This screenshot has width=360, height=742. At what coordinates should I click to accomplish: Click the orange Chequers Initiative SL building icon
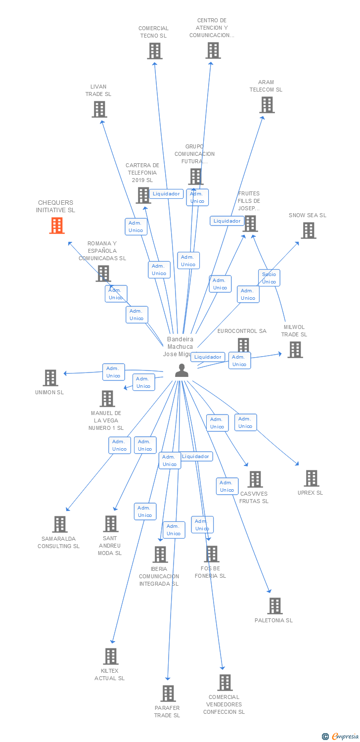tap(57, 226)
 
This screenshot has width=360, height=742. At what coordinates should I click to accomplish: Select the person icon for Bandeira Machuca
tap(181, 371)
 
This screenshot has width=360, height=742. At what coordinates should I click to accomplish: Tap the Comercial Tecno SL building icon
tap(155, 51)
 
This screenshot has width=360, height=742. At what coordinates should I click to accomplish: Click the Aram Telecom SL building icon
tap(267, 105)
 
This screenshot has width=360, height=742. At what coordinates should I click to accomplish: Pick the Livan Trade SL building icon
tap(99, 109)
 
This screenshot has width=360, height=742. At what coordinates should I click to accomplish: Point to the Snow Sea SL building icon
tap(309, 231)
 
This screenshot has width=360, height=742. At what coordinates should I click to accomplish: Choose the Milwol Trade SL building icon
tap(295, 350)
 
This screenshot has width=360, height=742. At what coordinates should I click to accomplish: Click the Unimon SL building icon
tap(50, 378)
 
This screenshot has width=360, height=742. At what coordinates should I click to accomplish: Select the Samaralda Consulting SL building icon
tap(60, 524)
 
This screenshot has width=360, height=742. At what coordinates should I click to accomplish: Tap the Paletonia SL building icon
tap(275, 606)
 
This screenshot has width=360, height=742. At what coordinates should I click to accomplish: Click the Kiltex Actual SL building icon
tap(111, 656)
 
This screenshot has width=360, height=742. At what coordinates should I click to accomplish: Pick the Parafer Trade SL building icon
tap(168, 694)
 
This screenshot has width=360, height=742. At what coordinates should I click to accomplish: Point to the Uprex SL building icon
tap(312, 478)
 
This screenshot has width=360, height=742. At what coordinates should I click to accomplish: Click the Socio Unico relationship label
tap(269, 278)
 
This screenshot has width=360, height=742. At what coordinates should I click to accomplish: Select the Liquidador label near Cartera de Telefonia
tap(166, 194)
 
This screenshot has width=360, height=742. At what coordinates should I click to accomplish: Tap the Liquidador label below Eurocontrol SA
tap(208, 357)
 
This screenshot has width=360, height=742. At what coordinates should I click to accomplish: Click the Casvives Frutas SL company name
tap(254, 497)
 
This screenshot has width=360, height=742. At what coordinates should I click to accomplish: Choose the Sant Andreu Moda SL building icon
tap(111, 524)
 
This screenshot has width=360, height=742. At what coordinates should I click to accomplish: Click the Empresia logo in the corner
tap(341, 736)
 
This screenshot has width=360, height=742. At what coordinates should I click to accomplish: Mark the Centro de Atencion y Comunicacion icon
tap(213, 50)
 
